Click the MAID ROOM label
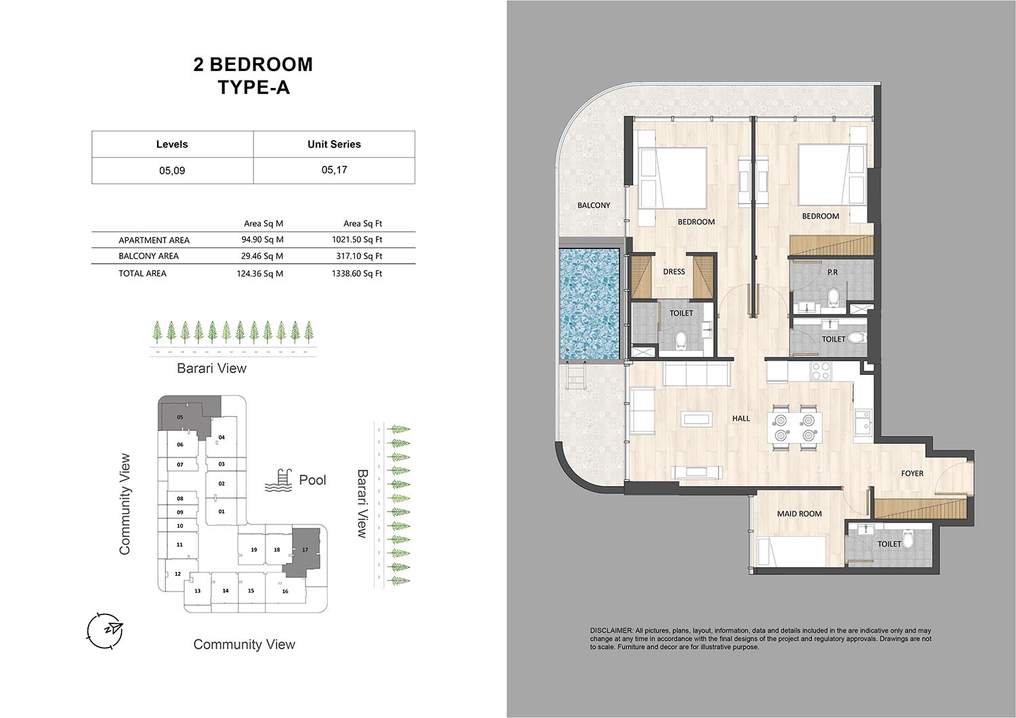click(x=799, y=514)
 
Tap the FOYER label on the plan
click(x=912, y=473)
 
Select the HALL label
click(x=741, y=418)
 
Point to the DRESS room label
click(x=674, y=271)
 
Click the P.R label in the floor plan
click(x=832, y=272)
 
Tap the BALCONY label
click(x=594, y=205)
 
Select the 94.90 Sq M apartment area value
click(x=262, y=240)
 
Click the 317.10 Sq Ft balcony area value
click(x=359, y=256)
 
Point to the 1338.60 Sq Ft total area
click(x=357, y=273)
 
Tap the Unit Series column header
click(x=335, y=144)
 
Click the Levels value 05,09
click(x=172, y=171)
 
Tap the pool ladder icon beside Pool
click(x=278, y=480)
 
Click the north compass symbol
click(x=105, y=631)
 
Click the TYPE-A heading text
click(x=253, y=87)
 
